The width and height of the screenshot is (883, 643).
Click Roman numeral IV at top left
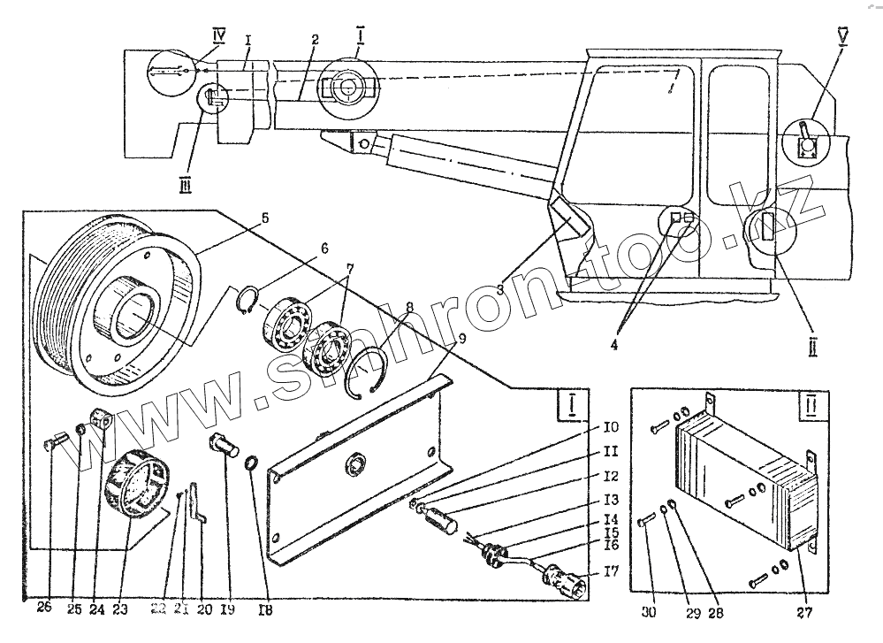tap(219, 36)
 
